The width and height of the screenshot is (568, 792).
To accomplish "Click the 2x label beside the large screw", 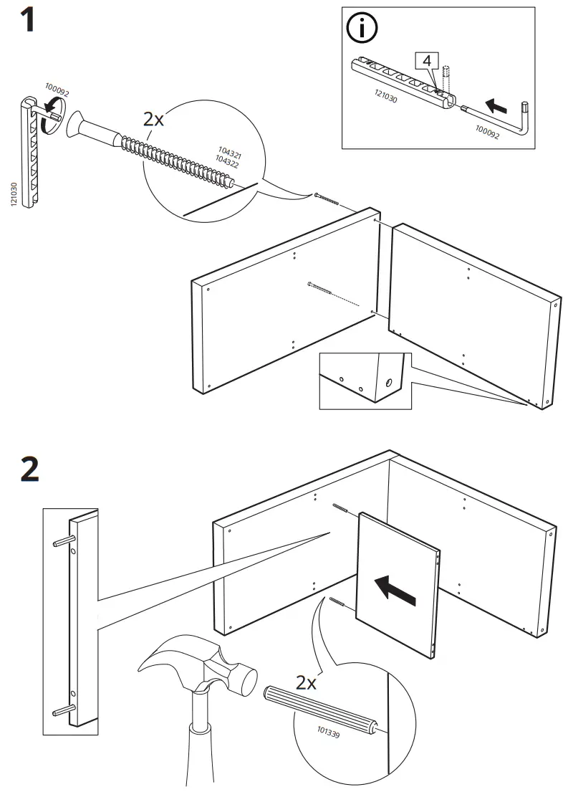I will click(153, 118).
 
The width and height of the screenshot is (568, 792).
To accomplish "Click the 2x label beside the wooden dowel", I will click(306, 682).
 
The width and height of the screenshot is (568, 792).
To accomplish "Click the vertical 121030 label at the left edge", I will click(14, 195).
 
